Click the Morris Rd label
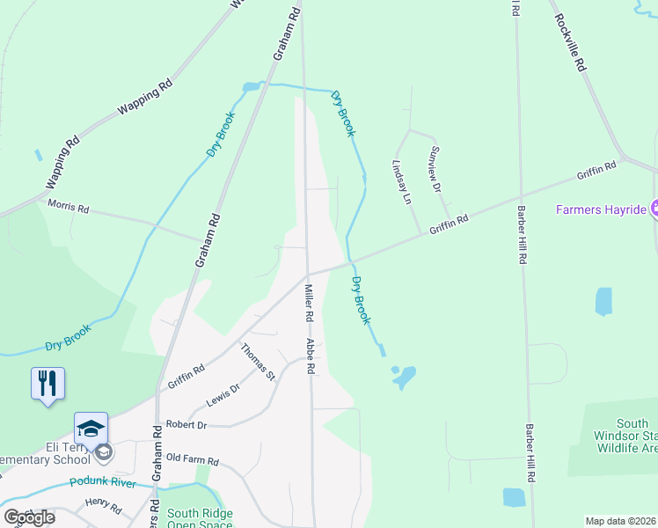pos(69,209)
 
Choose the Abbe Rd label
pos(311,356)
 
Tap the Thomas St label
pos(259,362)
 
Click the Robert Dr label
pos(186,423)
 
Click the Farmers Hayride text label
pos(601,210)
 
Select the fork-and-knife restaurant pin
pos(48,384)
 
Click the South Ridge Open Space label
pos(200,519)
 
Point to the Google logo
pos(29,517)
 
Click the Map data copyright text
pos(621,521)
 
